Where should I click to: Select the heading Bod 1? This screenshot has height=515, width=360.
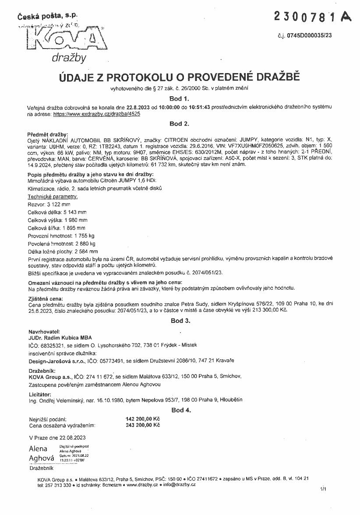coord(180,98)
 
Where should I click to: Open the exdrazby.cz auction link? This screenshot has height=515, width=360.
coord(97,114)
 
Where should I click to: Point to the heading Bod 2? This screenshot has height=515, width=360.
coord(180,124)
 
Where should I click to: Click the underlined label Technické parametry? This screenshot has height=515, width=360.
coord(53,197)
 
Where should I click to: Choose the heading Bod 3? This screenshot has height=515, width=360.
coord(180,321)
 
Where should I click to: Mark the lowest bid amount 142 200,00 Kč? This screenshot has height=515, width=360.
coord(143,419)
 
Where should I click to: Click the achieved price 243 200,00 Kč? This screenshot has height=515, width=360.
coord(143,425)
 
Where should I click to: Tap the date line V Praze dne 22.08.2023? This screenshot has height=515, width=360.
coord(57,437)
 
